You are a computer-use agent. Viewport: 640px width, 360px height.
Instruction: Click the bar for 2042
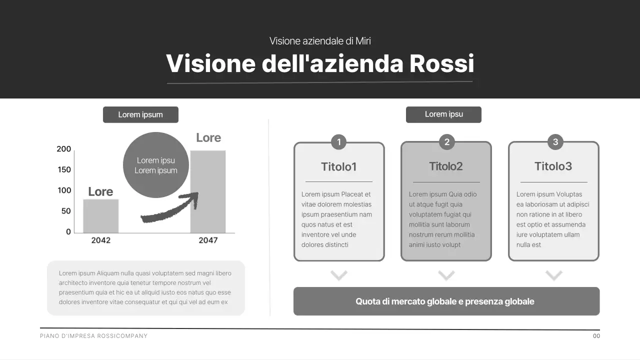click(x=100, y=216)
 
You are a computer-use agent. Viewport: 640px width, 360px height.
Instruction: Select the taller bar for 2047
click(x=207, y=191)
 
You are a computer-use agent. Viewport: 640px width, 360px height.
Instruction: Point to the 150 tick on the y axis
click(x=64, y=169)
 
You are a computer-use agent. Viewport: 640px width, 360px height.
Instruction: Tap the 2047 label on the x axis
click(x=208, y=240)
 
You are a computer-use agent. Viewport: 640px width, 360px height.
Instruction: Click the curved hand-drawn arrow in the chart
click(x=170, y=209)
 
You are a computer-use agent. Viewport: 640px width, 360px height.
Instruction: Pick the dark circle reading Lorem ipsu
click(x=156, y=165)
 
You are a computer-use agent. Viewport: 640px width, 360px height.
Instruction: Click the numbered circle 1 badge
click(x=338, y=142)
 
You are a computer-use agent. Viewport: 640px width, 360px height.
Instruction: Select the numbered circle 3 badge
click(x=555, y=142)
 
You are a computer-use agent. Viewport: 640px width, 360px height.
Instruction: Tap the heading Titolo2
click(x=446, y=166)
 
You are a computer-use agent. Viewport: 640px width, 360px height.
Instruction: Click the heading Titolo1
click(x=338, y=166)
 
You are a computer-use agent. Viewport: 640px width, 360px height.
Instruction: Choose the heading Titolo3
click(x=553, y=166)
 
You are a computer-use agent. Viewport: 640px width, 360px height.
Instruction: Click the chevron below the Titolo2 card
click(x=446, y=275)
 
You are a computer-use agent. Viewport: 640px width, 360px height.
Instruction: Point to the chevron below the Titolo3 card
click(x=553, y=275)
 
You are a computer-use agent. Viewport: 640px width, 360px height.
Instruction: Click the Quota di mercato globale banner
click(x=446, y=301)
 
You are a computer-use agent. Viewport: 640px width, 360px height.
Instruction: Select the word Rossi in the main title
click(x=441, y=64)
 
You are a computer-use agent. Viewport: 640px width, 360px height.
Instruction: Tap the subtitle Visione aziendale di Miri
click(x=320, y=41)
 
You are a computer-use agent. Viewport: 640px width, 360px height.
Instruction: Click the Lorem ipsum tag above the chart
click(x=140, y=114)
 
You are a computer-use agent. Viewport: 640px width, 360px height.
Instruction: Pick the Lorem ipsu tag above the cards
click(x=443, y=114)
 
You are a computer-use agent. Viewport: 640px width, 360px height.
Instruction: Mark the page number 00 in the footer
click(x=596, y=336)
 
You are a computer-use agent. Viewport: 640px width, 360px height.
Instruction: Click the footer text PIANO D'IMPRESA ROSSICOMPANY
click(x=94, y=336)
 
